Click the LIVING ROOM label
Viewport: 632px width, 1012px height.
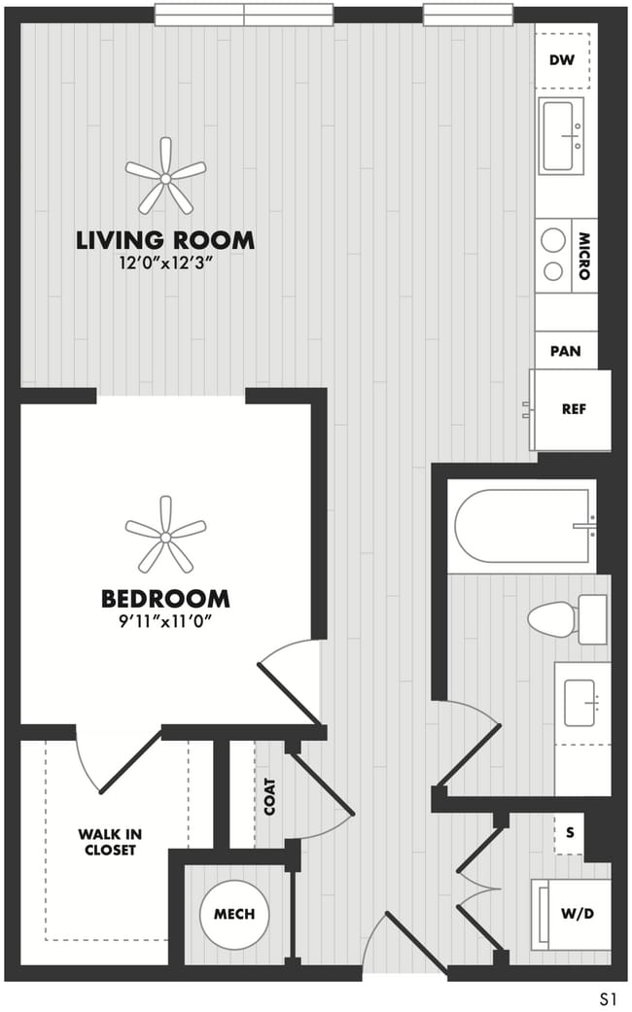(165, 239)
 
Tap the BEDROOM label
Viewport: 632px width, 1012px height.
(165, 598)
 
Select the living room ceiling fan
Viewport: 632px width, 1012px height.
(165, 176)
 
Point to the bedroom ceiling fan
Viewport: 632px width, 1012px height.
(165, 535)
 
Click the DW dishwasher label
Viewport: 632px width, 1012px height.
(562, 60)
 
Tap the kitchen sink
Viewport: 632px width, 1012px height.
(561, 135)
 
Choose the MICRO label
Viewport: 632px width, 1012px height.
(584, 256)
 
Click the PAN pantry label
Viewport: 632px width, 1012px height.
(566, 351)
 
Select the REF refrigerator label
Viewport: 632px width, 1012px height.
(574, 409)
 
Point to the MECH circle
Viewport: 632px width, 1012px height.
(234, 914)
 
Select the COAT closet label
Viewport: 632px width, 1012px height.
(270, 797)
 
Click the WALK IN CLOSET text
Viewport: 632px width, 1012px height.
(108, 842)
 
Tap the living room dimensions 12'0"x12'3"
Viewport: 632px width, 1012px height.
(165, 262)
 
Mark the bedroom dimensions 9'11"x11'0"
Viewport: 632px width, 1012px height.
(165, 620)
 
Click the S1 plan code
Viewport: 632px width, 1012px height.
(610, 997)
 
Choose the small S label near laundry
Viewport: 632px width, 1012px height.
(570, 833)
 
